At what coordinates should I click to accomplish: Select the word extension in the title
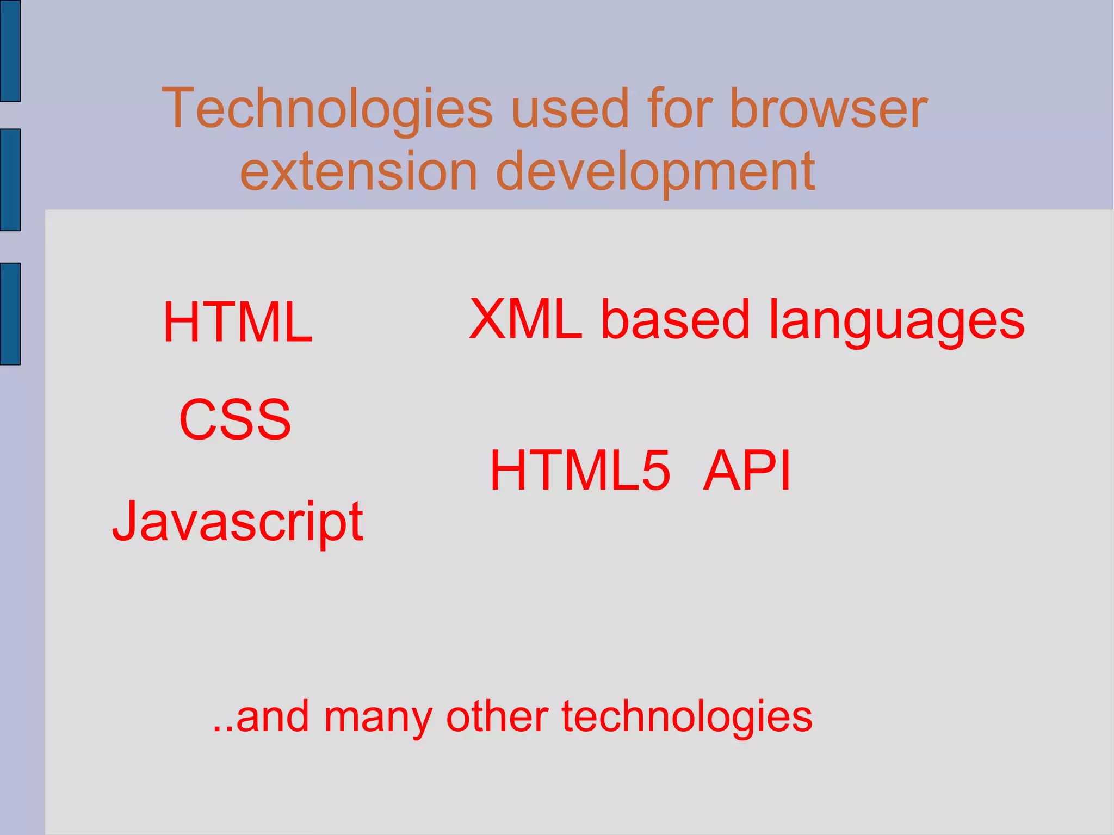(x=358, y=171)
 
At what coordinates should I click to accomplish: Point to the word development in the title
(x=655, y=172)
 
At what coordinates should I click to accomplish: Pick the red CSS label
(x=235, y=419)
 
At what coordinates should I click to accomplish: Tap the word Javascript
(x=238, y=522)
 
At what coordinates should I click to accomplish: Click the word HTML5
(x=580, y=470)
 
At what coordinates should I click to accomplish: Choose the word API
(x=746, y=470)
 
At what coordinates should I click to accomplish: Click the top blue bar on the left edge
(x=10, y=51)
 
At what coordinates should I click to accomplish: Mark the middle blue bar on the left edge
(x=10, y=180)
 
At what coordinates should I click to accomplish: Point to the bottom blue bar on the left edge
(x=10, y=313)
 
